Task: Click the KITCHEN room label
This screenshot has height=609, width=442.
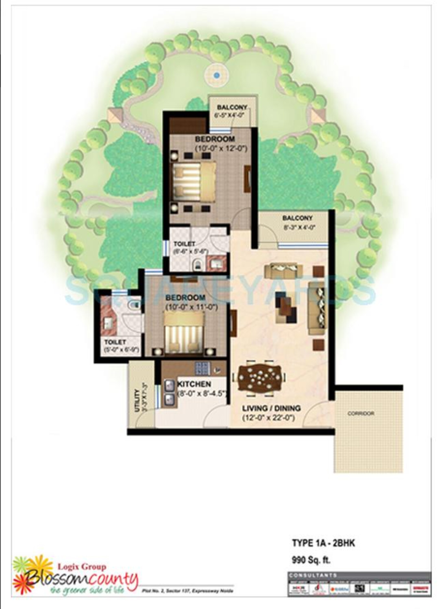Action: (x=194, y=384)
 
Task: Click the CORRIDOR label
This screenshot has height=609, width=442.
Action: (x=361, y=414)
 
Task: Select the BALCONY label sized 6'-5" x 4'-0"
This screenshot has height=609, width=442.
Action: (x=232, y=107)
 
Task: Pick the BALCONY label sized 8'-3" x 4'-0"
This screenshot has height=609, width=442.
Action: (x=297, y=218)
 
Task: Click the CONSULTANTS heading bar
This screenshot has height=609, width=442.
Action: (x=359, y=575)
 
